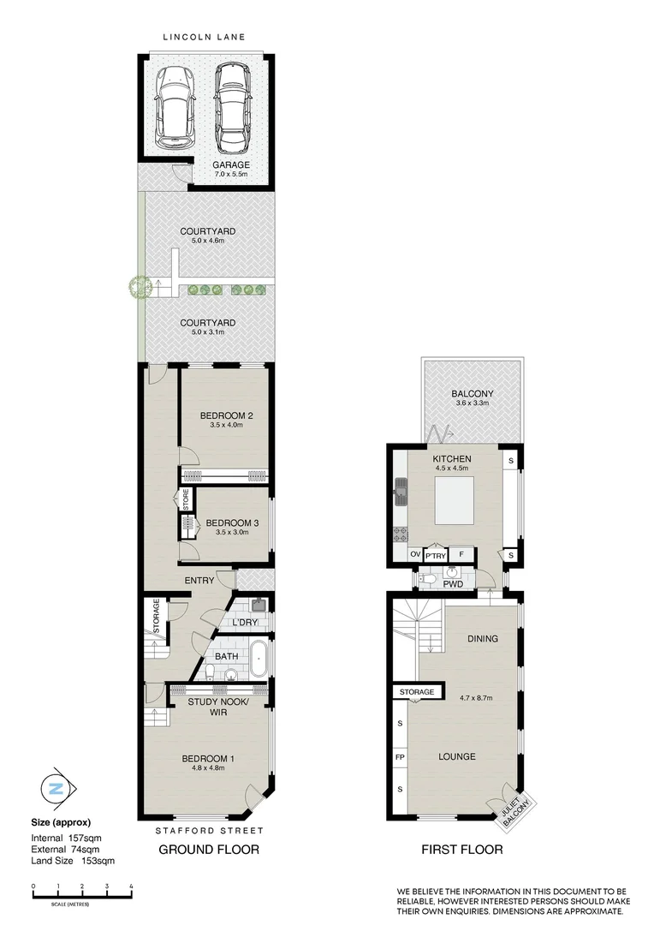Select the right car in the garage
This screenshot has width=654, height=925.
click(x=233, y=107)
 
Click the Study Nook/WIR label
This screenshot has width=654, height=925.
click(x=217, y=707)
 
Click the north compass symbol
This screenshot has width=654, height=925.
click(x=56, y=789)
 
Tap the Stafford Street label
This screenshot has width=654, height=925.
click(x=208, y=831)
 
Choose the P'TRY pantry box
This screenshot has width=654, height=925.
click(x=437, y=555)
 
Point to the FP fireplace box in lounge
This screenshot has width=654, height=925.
click(x=400, y=758)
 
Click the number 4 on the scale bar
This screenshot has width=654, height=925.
click(x=130, y=886)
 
